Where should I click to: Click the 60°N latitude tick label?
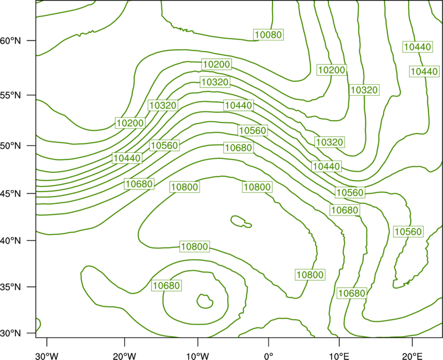[11, 40]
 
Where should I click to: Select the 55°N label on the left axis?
[11, 95]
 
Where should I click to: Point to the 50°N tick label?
[11, 146]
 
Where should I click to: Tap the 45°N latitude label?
[11, 193]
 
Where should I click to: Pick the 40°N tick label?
[11, 241]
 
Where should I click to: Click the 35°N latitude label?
[11, 287]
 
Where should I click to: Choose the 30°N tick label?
[11, 333]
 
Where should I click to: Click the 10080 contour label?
[268, 34]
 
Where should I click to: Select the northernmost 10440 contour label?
[418, 47]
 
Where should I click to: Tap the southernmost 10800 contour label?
[310, 275]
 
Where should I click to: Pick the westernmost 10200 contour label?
[130, 123]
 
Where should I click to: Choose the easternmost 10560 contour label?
[408, 232]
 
